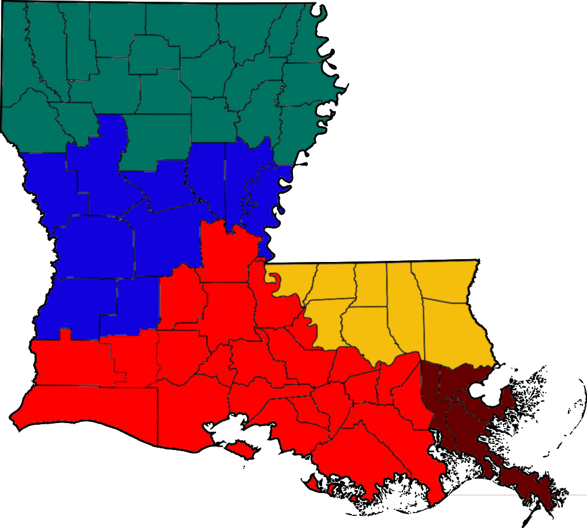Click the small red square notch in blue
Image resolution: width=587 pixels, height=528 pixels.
pos(65,334)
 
